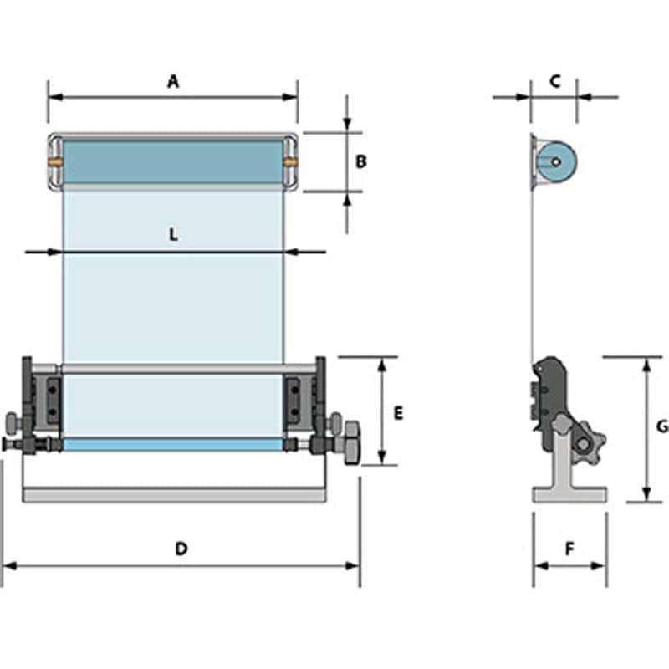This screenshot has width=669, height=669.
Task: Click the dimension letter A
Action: [173, 81]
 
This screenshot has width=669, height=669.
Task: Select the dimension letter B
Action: [361, 161]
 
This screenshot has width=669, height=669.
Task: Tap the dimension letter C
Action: [554, 81]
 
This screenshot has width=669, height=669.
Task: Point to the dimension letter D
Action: [181, 549]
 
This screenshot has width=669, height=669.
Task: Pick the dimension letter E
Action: [398, 413]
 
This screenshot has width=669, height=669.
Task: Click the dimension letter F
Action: [569, 549]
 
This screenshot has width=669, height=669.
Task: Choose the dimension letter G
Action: [661, 426]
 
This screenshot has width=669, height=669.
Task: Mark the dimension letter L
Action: [173, 236]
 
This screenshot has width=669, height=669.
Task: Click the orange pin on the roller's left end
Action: [54, 161]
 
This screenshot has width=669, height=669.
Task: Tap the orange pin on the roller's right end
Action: [291, 161]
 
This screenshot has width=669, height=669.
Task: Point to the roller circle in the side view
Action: [554, 161]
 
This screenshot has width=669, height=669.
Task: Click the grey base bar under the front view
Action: [174, 496]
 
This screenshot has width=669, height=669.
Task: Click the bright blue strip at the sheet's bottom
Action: [173, 445]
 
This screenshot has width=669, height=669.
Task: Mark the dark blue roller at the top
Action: [173, 161]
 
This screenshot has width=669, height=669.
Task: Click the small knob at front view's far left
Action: [13, 421]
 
